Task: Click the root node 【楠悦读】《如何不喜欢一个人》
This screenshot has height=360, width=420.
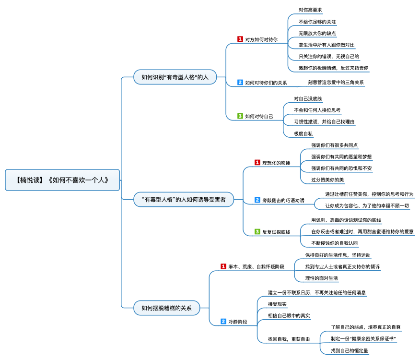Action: point(62,180)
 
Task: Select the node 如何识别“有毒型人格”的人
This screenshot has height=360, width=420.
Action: point(175,77)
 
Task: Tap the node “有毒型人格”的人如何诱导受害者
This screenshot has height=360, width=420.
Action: point(184,200)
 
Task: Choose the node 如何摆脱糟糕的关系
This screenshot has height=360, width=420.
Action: point(166,308)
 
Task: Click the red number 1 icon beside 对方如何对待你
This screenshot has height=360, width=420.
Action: point(240,39)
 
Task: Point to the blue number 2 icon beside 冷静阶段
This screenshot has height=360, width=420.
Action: point(223,322)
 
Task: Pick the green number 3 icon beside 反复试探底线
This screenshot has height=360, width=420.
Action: point(257,231)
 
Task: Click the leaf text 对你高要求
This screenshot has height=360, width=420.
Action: point(310,10)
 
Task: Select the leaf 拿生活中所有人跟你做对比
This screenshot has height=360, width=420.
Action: point(327,45)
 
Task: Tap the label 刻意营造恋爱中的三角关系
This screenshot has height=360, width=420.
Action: point(336,83)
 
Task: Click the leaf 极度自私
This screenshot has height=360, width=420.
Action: point(303,133)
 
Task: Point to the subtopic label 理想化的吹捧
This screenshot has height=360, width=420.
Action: point(276,163)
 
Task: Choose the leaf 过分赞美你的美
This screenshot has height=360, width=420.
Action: point(327,180)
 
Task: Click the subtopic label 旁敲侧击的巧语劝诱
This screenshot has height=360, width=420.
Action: point(283,200)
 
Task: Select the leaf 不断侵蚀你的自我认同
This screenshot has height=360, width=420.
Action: point(334,243)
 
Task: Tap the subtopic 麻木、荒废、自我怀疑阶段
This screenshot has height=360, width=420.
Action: point(256,267)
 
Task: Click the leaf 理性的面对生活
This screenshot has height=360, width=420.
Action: point(321,278)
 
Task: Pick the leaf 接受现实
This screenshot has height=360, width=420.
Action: point(277,304)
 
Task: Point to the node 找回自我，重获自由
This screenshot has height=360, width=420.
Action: point(289,339)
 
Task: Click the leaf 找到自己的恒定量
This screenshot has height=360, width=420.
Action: point(350,350)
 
